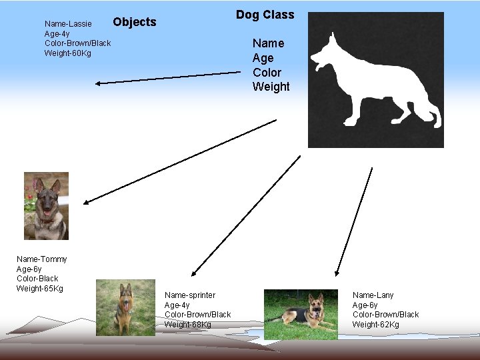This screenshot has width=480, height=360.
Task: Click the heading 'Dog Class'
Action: click(x=265, y=15)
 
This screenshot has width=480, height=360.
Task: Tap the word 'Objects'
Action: click(x=135, y=22)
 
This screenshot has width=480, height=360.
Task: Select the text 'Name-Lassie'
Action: click(x=68, y=24)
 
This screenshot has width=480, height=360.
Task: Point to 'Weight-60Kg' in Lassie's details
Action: click(x=68, y=53)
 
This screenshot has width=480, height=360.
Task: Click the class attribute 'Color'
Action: click(x=267, y=72)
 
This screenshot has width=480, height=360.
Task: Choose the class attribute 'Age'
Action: click(x=263, y=58)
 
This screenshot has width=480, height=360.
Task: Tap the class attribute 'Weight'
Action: click(x=271, y=87)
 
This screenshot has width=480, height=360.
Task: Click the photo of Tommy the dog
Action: click(x=46, y=206)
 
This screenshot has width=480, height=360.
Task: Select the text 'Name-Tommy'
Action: click(x=42, y=259)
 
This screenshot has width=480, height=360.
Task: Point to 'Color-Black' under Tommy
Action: click(x=37, y=279)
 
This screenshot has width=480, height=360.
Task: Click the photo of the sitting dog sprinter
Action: click(x=125, y=307)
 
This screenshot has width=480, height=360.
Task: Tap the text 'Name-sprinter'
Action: click(x=190, y=295)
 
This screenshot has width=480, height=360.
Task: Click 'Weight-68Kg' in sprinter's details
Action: click(x=188, y=325)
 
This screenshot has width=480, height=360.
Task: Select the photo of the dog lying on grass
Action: click(x=301, y=314)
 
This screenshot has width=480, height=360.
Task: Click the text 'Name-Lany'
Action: click(x=373, y=295)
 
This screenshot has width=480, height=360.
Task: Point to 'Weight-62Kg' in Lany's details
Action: click(x=376, y=325)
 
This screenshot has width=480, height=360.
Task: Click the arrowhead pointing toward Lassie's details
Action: click(x=98, y=83)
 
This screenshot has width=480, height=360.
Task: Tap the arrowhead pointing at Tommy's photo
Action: click(x=86, y=201)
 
